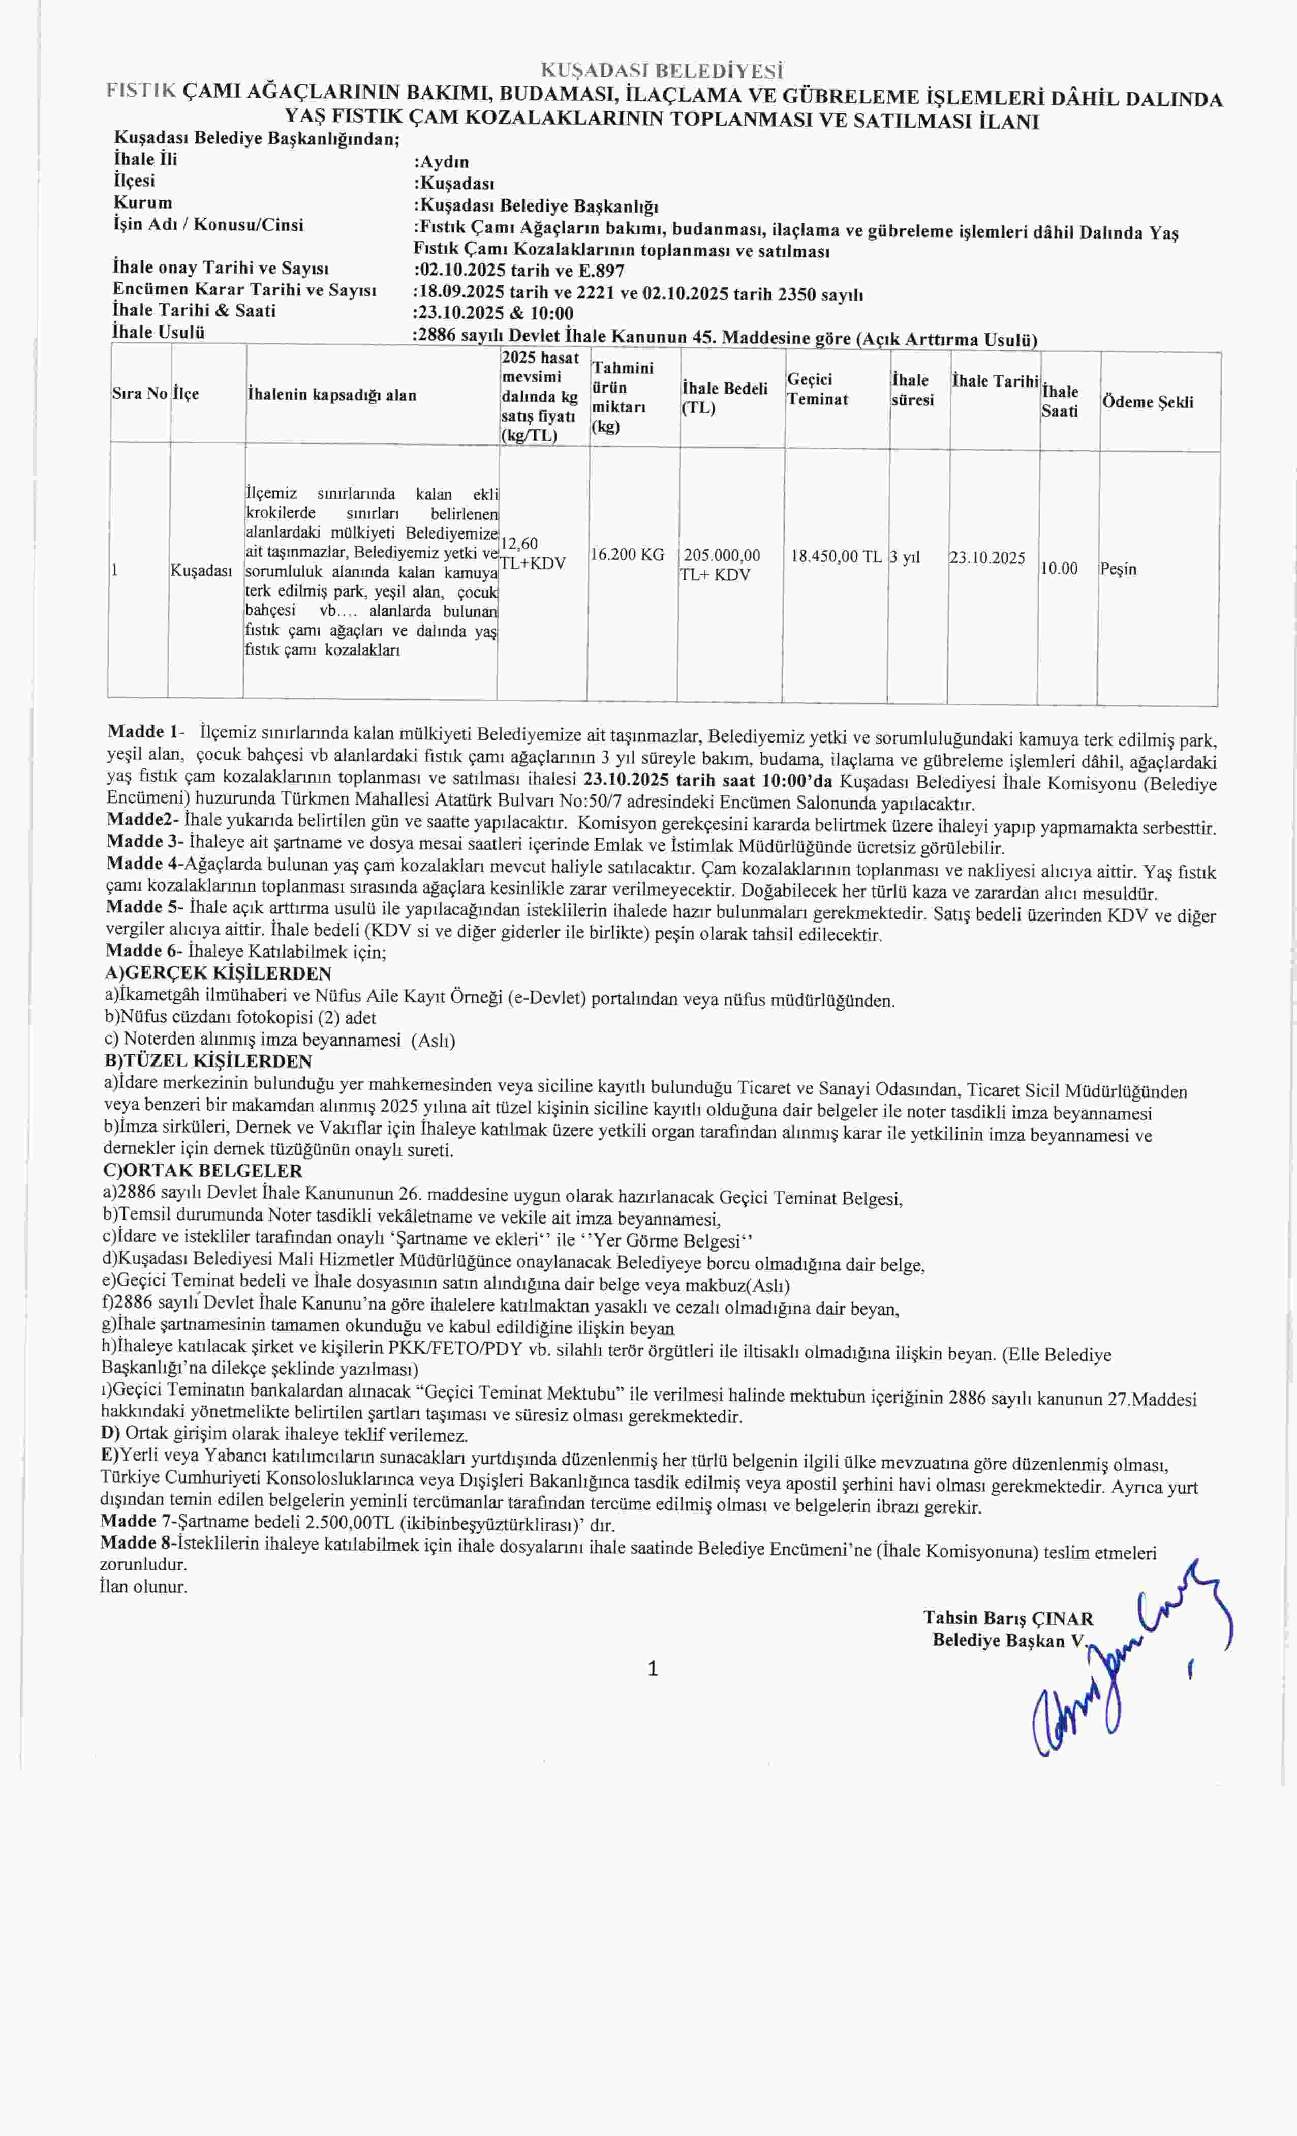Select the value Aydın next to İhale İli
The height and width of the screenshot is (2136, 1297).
click(444, 161)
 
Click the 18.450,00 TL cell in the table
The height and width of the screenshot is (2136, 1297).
click(836, 556)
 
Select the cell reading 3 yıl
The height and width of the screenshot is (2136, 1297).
click(905, 557)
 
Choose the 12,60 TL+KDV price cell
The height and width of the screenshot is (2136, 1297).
click(532, 553)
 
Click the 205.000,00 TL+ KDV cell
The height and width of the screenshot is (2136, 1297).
click(719, 565)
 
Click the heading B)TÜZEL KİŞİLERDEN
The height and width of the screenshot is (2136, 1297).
click(208, 1061)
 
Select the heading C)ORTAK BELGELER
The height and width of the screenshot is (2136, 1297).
click(203, 1171)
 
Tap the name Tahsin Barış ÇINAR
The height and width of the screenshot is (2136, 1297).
click(1008, 1618)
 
